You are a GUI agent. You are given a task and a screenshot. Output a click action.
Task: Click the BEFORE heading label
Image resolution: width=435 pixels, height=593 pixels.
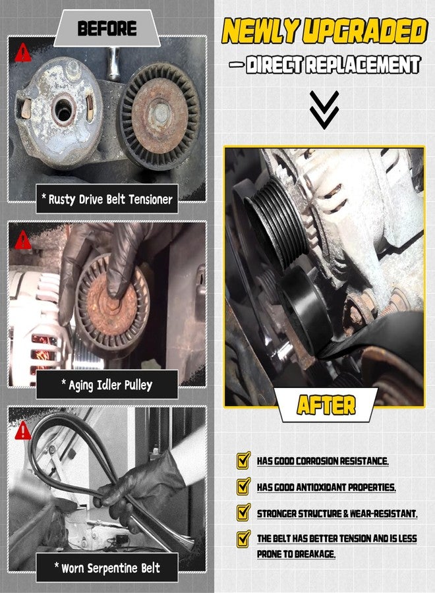[107, 29]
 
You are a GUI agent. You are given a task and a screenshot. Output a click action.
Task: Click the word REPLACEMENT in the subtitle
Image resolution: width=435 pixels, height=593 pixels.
[363, 65]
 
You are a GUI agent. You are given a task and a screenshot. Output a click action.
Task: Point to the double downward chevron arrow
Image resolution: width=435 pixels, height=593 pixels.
[324, 110]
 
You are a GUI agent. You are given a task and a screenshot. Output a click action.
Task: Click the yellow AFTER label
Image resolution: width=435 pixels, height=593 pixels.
[326, 405]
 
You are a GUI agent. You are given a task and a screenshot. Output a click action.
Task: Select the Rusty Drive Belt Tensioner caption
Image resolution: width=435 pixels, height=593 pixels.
[107, 199]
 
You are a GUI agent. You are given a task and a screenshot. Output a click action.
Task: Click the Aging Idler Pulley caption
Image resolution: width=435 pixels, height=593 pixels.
[107, 385]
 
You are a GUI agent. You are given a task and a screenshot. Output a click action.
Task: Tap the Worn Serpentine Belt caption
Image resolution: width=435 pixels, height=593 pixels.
[107, 567]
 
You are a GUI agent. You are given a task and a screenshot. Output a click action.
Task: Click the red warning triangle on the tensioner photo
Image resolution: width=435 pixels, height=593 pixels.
[23, 53]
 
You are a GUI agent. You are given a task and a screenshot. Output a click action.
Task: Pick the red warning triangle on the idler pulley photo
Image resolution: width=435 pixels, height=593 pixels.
[23, 240]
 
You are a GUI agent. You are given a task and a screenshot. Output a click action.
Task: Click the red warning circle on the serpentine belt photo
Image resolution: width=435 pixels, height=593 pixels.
[23, 430]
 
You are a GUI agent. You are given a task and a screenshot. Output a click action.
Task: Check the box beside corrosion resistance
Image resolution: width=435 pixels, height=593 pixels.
[243, 460]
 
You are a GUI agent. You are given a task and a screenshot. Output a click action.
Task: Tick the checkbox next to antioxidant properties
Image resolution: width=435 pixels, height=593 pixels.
[243, 486]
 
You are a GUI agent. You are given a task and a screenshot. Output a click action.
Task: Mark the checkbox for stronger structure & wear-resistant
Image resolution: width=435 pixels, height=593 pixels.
[243, 512]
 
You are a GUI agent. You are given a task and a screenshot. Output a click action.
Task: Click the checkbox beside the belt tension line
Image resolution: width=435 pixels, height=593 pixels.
[243, 539]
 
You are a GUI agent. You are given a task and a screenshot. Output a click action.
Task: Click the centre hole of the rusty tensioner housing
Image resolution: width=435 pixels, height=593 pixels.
[63, 109]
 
